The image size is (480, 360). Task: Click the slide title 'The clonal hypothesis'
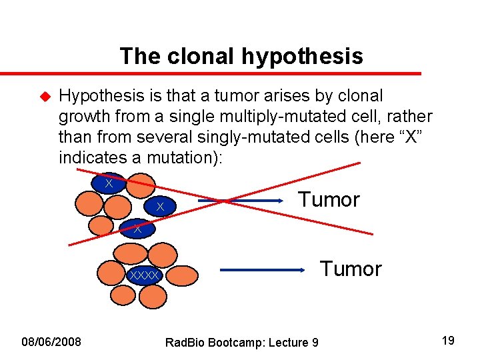(241, 56)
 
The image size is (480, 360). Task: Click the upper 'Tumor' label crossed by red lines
(329, 199)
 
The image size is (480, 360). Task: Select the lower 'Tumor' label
(351, 269)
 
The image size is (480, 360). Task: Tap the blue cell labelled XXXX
(145, 275)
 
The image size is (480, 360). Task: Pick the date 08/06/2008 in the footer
(51, 342)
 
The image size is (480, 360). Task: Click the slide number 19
(449, 341)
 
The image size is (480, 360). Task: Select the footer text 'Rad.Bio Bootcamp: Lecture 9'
(241, 343)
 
